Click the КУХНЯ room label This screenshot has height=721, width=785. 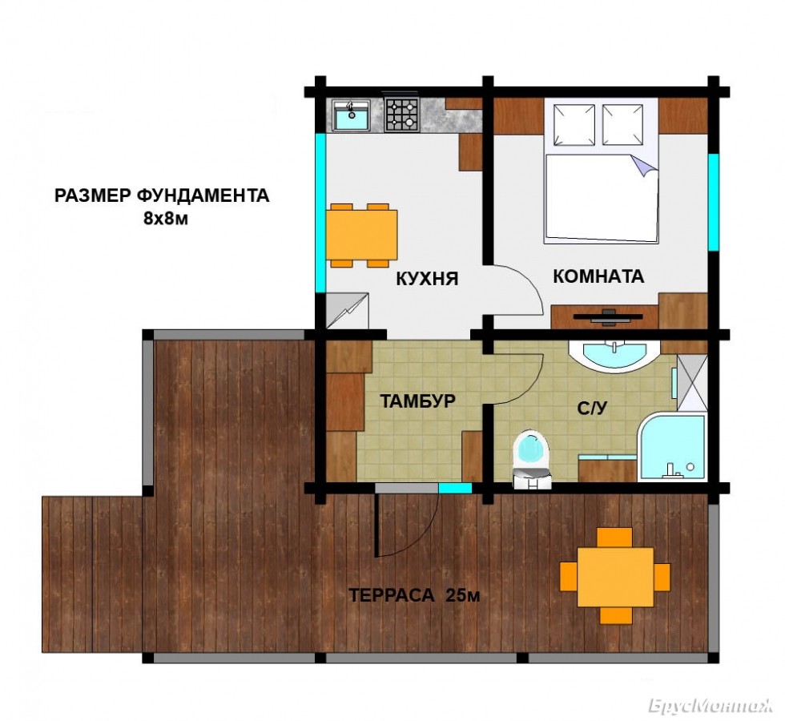[427, 279]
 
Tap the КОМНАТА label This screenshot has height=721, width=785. [598, 276]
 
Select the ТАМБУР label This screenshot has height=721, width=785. [417, 401]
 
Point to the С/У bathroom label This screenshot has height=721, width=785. [592, 409]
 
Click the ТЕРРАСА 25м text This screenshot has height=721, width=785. [414, 595]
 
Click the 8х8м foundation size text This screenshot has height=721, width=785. [166, 219]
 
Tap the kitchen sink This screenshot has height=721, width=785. [352, 115]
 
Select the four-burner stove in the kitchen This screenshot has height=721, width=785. [402, 115]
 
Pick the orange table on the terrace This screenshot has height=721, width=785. [615, 576]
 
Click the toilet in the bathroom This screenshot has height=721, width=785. [531, 458]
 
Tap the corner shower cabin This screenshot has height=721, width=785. [672, 447]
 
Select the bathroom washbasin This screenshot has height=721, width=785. [615, 355]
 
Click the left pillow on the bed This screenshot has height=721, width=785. [575, 125]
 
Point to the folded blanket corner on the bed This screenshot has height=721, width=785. [643, 166]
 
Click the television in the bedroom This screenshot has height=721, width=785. [608, 316]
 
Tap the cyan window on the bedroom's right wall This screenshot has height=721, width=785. [713, 202]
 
